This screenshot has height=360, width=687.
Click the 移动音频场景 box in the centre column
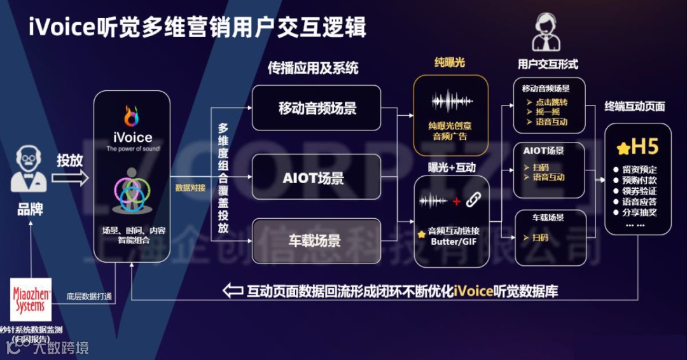coord(317,108)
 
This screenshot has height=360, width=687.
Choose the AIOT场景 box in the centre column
coord(317,177)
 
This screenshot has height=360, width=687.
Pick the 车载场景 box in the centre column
coord(317,241)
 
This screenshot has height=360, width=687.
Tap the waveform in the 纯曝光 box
coord(451,102)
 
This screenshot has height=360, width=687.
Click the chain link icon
coord(473,201)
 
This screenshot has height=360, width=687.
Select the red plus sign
coord(456,202)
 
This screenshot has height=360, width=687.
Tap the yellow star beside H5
coord(623,148)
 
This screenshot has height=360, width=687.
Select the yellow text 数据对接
coord(190,188)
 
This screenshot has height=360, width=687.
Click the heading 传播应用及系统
coord(313,68)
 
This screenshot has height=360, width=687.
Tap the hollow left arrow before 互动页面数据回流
coord(233,291)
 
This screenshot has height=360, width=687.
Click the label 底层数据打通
coord(89,296)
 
